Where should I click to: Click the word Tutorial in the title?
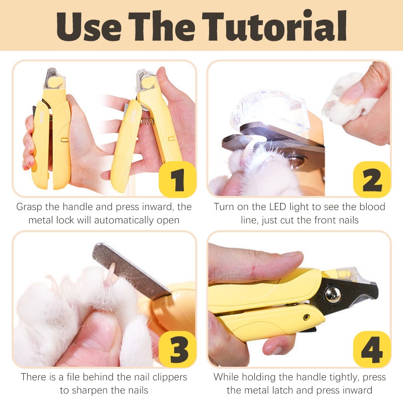point(275,26)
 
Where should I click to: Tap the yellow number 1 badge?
point(177,179)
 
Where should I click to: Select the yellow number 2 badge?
point(372,179)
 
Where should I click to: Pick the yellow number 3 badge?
point(177,349)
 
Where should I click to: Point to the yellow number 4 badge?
point(372,349)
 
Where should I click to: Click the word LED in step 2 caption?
point(278,207)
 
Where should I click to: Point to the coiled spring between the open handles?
point(147,120)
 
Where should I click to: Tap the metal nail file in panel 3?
point(131,270)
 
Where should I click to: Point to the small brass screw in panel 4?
point(306,317)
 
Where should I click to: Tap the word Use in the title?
point(89,26)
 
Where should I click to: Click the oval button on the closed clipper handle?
point(64,140)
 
